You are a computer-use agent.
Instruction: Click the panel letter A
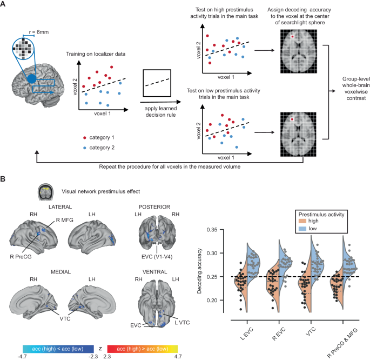(x=4, y=5)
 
